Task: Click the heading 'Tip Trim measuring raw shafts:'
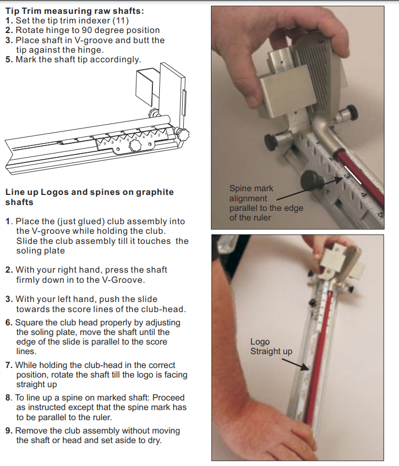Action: [74, 11]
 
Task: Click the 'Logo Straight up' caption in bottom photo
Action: [271, 346]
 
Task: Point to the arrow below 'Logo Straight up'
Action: [295, 363]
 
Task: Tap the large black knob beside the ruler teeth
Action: [310, 180]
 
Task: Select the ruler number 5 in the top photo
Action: [380, 216]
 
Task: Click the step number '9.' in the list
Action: [9, 430]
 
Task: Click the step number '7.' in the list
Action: [9, 365]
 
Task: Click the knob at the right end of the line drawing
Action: [184, 135]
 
